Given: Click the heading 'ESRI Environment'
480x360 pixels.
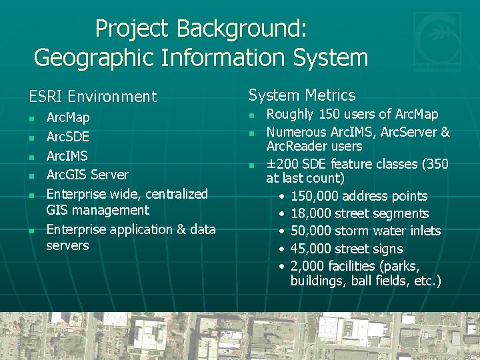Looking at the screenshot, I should tap(93, 97).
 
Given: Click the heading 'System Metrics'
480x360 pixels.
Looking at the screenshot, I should tap(302, 95).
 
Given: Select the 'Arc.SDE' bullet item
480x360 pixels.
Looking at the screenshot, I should tap(67, 137).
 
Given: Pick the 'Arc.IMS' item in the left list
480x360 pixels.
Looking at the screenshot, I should tap(67, 155).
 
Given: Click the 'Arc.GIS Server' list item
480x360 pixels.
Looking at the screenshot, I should tap(87, 175).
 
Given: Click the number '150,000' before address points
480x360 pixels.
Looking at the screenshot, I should tap(317, 196).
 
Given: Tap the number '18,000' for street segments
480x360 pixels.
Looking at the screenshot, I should tap(313, 213).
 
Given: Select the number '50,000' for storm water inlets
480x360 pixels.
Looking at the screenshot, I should tap(313, 231).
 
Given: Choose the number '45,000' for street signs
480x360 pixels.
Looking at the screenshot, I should tap(313, 249).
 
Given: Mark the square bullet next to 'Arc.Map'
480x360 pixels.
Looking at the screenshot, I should tap(31, 119).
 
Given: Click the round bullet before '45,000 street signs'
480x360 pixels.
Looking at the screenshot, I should tap(283, 249).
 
